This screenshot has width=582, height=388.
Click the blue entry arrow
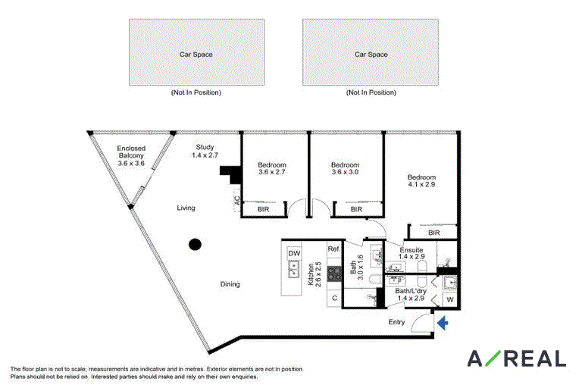(443, 323)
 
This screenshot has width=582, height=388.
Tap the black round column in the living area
(196, 244)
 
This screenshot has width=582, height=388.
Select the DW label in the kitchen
(294, 254)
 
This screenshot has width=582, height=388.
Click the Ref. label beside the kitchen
(333, 249)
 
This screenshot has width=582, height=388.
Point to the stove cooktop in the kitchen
(334, 274)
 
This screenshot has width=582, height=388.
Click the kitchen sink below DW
(294, 269)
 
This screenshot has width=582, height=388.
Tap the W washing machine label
(450, 299)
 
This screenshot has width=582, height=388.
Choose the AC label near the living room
(236, 201)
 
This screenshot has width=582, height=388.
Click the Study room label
(205, 147)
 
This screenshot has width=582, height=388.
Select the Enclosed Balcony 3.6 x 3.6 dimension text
(131, 164)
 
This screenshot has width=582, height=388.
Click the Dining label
(230, 284)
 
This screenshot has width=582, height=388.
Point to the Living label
(186, 208)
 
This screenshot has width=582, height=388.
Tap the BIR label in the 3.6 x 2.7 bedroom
(263, 209)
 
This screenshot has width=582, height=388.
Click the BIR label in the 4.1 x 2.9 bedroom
(434, 233)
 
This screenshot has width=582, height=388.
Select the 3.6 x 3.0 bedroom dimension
(345, 172)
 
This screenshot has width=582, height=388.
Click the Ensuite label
(411, 250)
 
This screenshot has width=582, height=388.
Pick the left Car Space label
(196, 55)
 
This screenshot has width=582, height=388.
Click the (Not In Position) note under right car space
(371, 92)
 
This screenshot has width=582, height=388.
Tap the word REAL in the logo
(536, 358)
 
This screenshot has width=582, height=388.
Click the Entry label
(396, 322)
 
